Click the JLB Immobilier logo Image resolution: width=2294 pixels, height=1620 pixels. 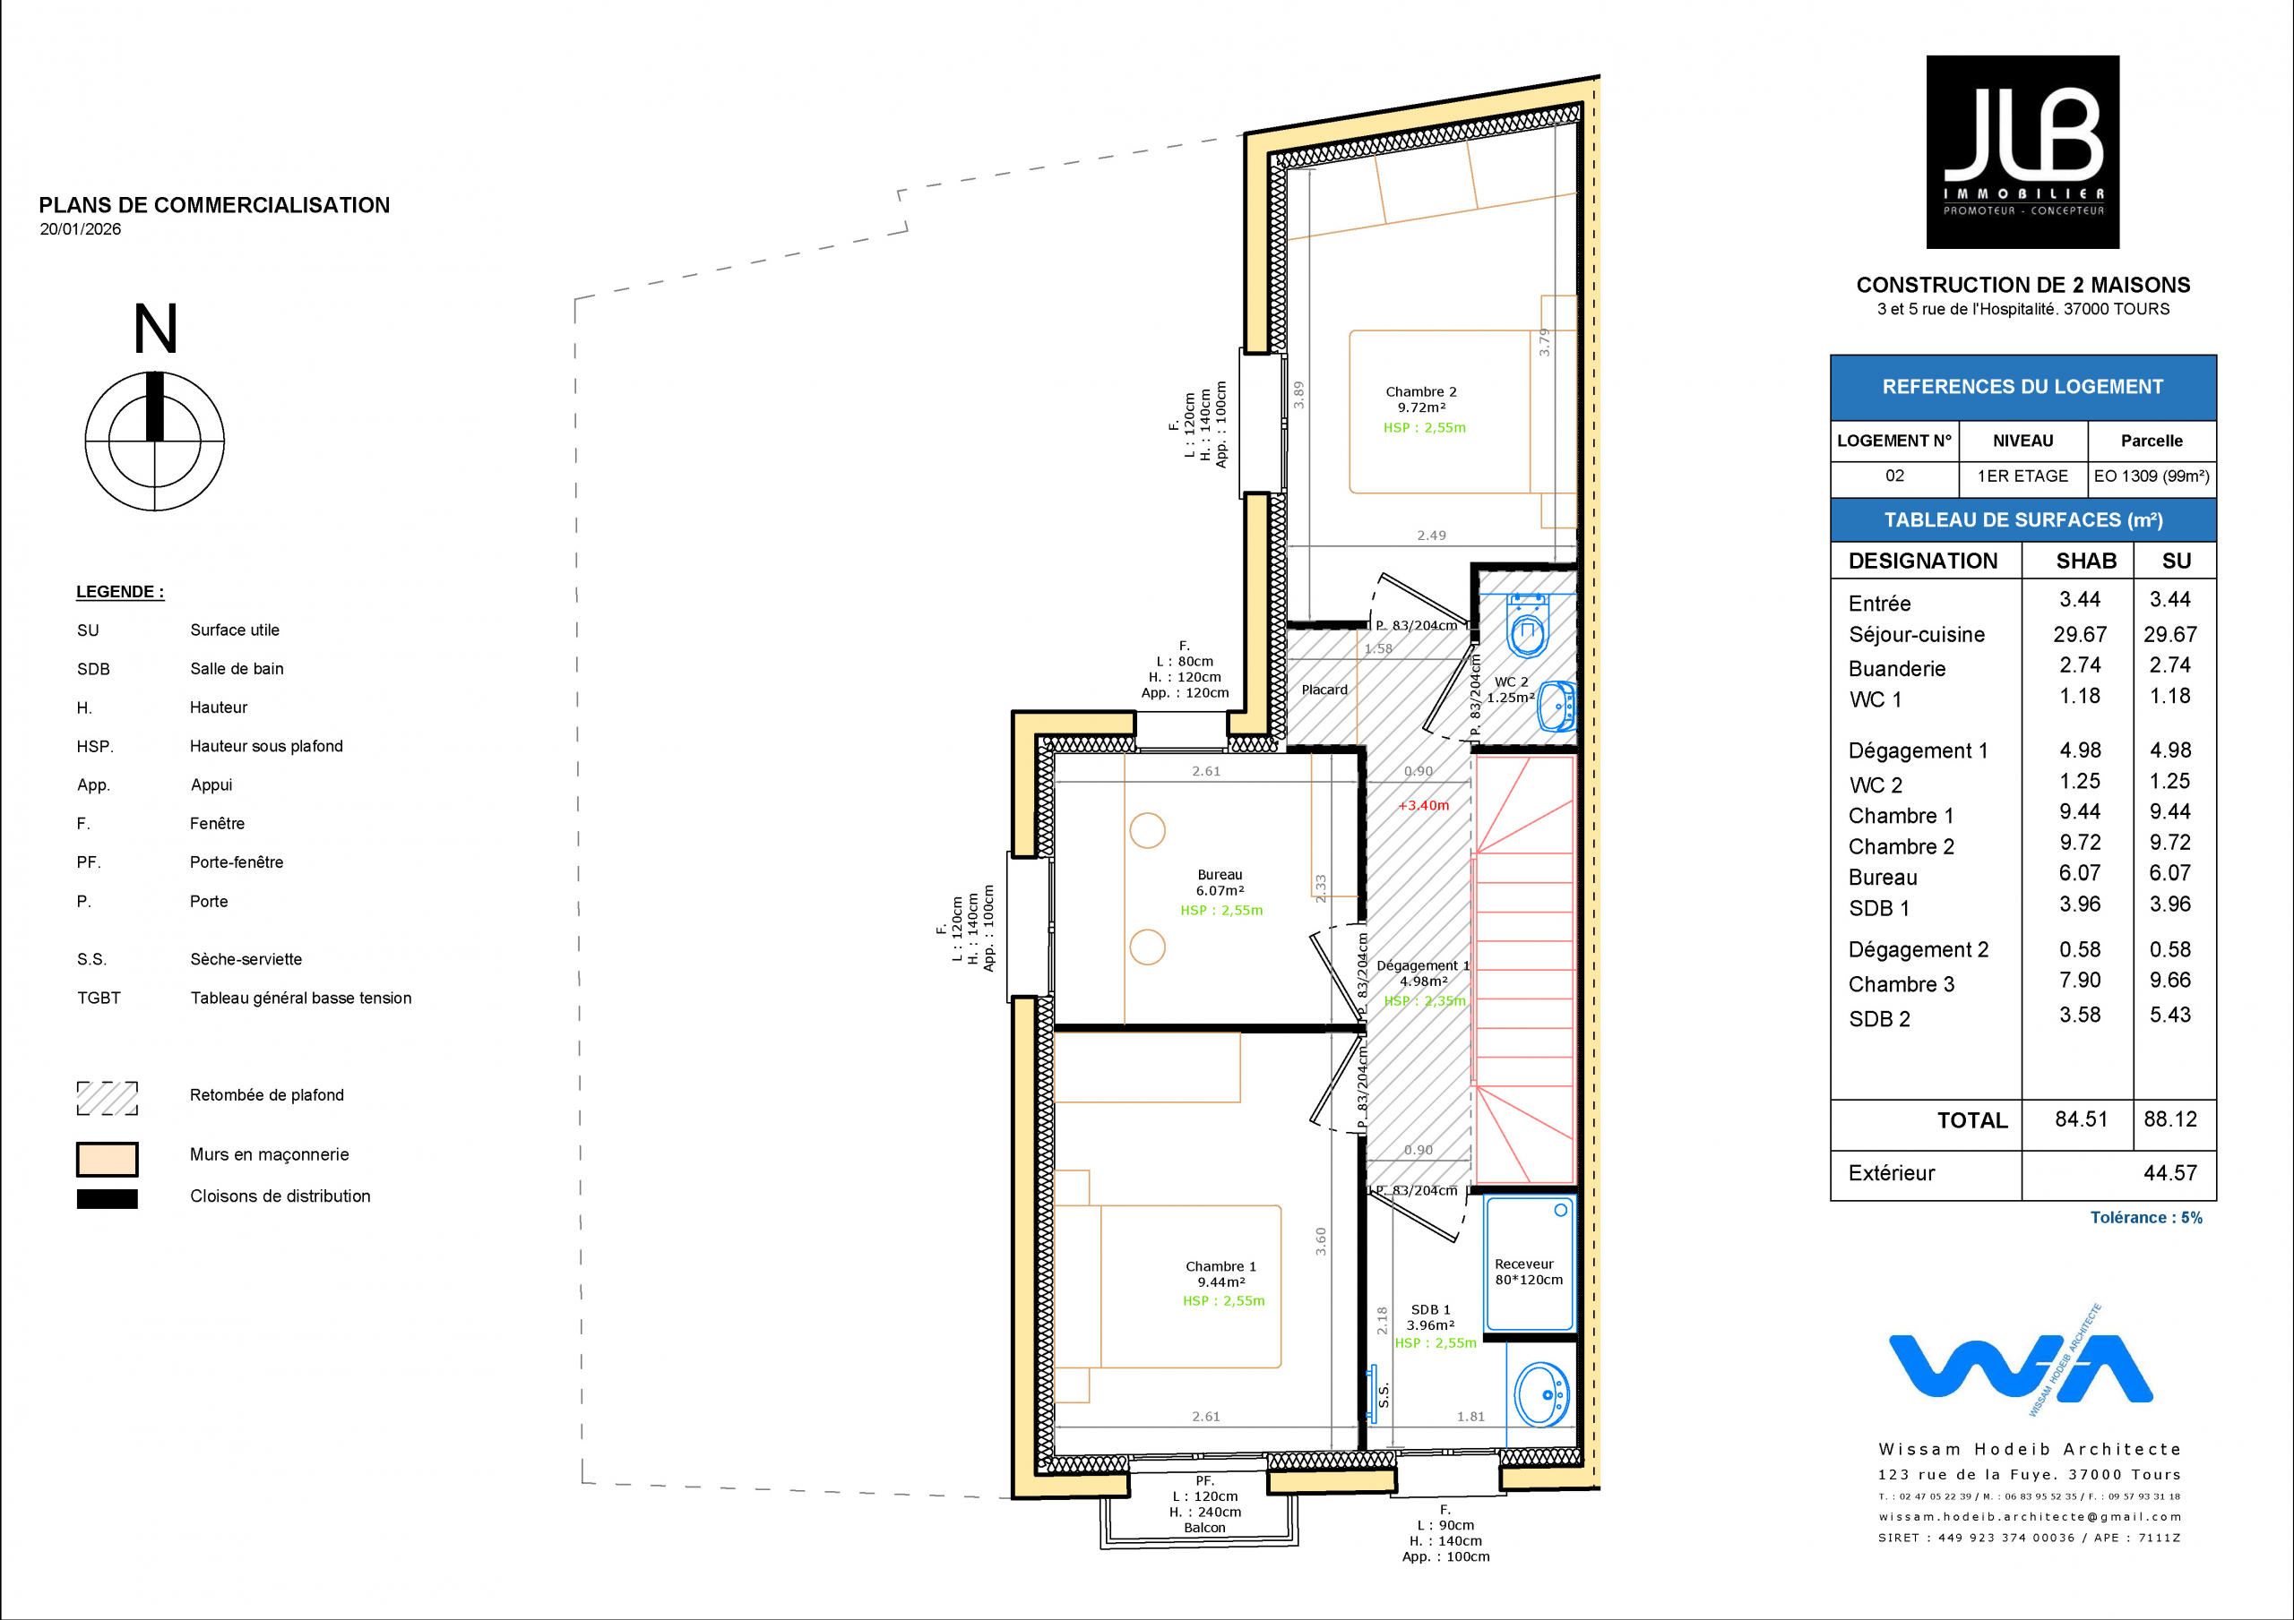point(2022,152)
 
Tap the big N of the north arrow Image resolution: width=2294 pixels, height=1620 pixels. point(156,329)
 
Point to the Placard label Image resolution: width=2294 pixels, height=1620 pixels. point(1324,690)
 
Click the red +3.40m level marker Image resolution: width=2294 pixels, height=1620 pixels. point(1423,805)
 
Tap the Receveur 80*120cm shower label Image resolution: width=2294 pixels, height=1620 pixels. point(1529,1272)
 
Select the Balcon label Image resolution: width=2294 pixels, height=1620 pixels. point(1204,1528)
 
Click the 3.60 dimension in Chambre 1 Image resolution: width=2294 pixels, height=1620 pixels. point(1321,1241)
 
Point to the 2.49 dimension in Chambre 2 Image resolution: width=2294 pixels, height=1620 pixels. point(1431,536)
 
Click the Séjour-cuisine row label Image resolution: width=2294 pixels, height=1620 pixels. point(1917,635)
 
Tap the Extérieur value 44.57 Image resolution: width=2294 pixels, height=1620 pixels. point(2170,1173)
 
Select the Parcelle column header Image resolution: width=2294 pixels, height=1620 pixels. point(2152,441)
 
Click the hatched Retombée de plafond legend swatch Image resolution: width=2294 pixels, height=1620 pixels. point(107,1098)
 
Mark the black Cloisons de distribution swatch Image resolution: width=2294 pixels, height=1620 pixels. point(107,1198)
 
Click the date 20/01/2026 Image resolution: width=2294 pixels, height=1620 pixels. point(80,228)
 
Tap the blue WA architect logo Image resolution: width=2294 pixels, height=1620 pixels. point(2019,1363)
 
